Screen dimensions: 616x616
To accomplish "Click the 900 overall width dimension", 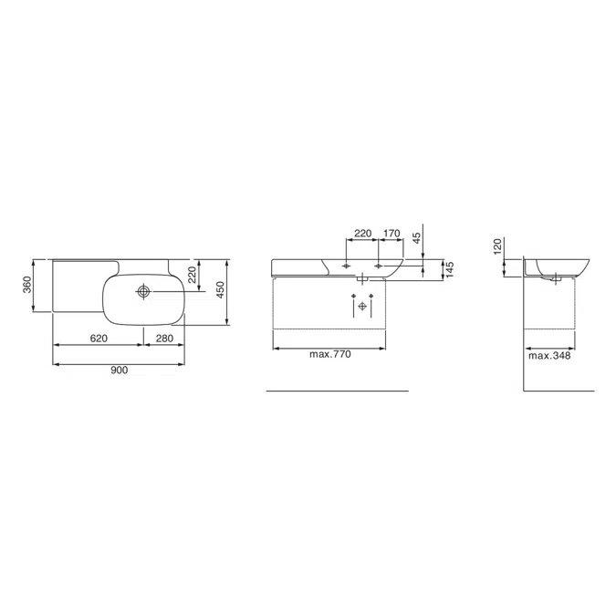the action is pyautogui.click(x=119, y=371).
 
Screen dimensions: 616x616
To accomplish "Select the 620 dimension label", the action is pyautogui.click(x=99, y=339).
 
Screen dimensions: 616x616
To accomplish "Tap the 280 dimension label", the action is pyautogui.click(x=164, y=339).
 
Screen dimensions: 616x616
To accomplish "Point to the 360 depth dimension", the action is pyautogui.click(x=26, y=285).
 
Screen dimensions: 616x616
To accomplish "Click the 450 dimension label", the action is pyautogui.click(x=221, y=290).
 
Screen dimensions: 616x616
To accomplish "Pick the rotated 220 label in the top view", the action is pyautogui.click(x=192, y=275).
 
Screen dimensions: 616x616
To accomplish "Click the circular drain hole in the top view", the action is pyautogui.click(x=143, y=291).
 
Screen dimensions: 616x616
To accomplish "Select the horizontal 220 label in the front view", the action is pyautogui.click(x=362, y=234).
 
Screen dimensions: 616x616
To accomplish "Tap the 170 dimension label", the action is pyautogui.click(x=392, y=234).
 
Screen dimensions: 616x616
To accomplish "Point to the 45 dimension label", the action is pyautogui.click(x=416, y=237).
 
